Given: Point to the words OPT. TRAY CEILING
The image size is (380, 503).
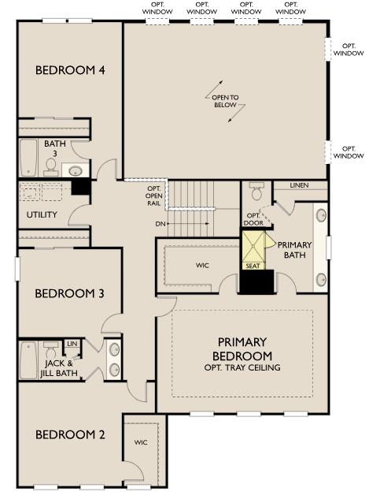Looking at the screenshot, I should [x=242, y=367].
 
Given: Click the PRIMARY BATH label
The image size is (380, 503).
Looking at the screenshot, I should [x=295, y=250].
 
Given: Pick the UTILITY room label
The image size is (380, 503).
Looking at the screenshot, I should [x=42, y=214].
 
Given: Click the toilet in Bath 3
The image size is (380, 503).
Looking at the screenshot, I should [x=51, y=165].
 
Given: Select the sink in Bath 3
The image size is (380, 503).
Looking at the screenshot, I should [x=76, y=170].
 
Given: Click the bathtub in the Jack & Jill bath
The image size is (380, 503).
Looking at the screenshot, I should [x=28, y=360].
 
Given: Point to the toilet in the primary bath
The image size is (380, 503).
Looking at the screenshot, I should [x=256, y=192].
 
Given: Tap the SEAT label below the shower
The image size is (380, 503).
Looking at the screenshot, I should [x=253, y=266].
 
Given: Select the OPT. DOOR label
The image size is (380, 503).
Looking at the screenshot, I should [x=253, y=218].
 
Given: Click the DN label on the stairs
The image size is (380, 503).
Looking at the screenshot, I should [x=160, y=223].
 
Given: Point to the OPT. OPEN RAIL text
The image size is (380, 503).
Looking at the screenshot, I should [x=154, y=196].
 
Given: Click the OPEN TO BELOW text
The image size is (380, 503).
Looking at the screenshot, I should [x=224, y=100].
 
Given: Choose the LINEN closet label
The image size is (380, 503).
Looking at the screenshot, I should [x=299, y=185].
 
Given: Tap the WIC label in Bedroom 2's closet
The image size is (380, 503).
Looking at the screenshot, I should [x=141, y=442].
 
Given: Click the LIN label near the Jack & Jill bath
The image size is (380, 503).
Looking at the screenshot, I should [x=72, y=344].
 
